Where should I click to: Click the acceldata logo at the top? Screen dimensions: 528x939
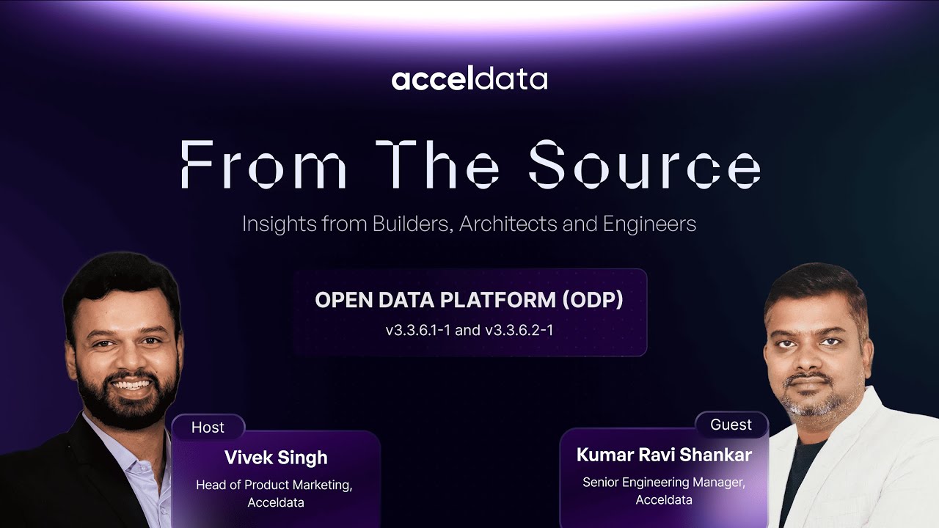point(469,79)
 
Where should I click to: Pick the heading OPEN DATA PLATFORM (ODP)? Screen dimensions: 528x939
point(469,300)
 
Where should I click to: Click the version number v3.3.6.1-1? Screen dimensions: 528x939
point(418,331)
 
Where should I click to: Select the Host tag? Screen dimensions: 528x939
point(208,428)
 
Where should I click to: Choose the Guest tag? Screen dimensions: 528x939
point(731,425)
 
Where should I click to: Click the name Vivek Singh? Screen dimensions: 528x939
point(276,458)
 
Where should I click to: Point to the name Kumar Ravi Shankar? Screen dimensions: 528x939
point(664,455)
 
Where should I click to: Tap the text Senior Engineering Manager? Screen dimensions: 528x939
point(664,483)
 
